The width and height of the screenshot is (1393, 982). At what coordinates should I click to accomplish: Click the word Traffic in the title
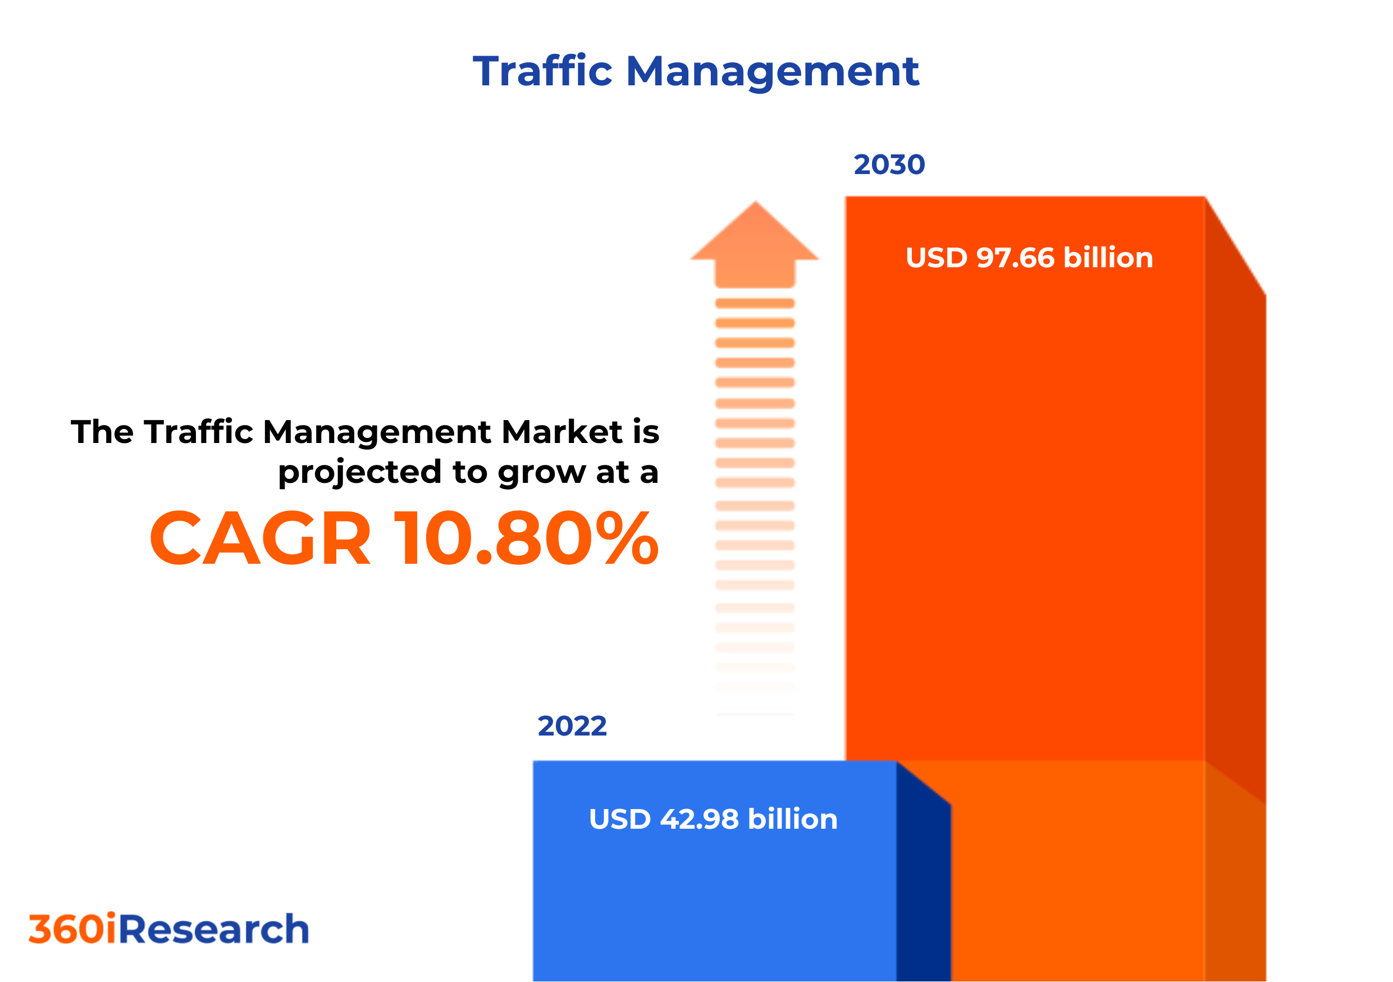point(542,71)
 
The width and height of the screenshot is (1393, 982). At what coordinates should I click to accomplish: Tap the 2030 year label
point(889,165)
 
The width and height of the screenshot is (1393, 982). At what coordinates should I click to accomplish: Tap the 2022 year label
point(572,726)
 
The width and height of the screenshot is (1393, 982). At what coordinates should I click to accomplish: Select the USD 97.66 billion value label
point(1029,258)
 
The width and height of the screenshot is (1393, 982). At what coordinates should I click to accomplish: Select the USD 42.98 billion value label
point(713,819)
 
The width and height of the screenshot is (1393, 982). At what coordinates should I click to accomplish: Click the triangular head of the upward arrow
point(755,234)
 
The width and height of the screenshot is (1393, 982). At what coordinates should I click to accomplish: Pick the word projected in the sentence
point(360,472)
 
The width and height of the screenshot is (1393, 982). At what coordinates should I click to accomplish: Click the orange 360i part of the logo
point(72,929)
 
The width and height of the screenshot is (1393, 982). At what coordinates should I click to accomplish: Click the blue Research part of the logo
point(213,929)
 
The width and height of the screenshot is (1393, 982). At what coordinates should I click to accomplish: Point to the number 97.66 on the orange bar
point(1016,258)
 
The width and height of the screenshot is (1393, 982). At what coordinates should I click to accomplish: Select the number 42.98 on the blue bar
point(699,819)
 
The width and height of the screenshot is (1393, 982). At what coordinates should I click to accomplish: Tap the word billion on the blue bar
point(792,819)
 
